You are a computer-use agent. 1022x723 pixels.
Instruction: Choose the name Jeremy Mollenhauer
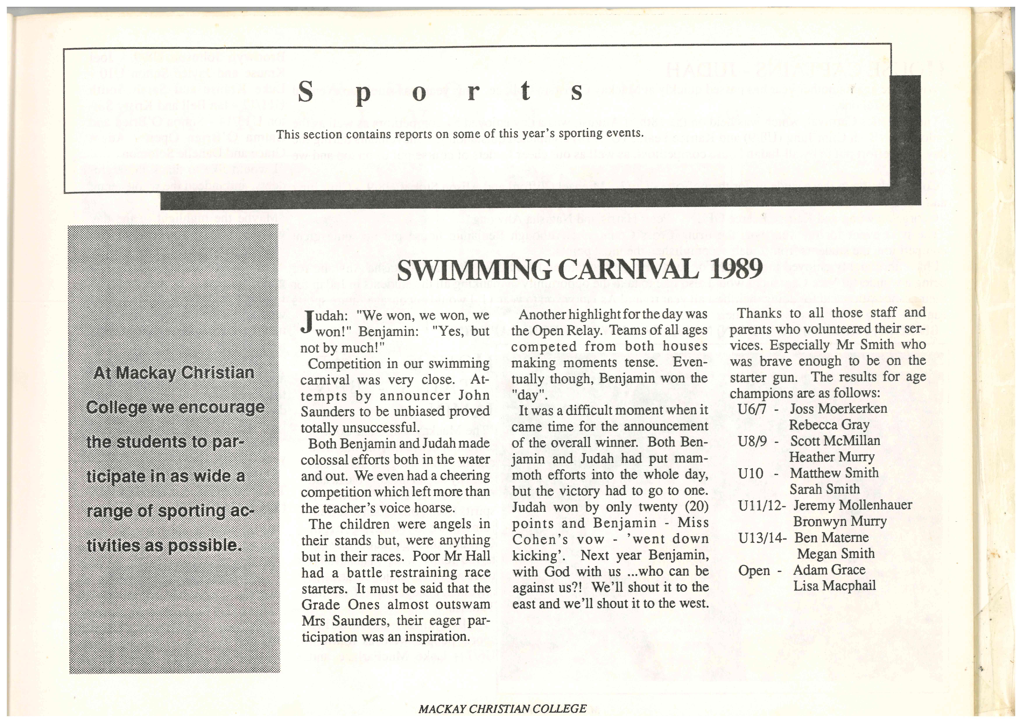[852, 505]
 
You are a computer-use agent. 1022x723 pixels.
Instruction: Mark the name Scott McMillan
[835, 441]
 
